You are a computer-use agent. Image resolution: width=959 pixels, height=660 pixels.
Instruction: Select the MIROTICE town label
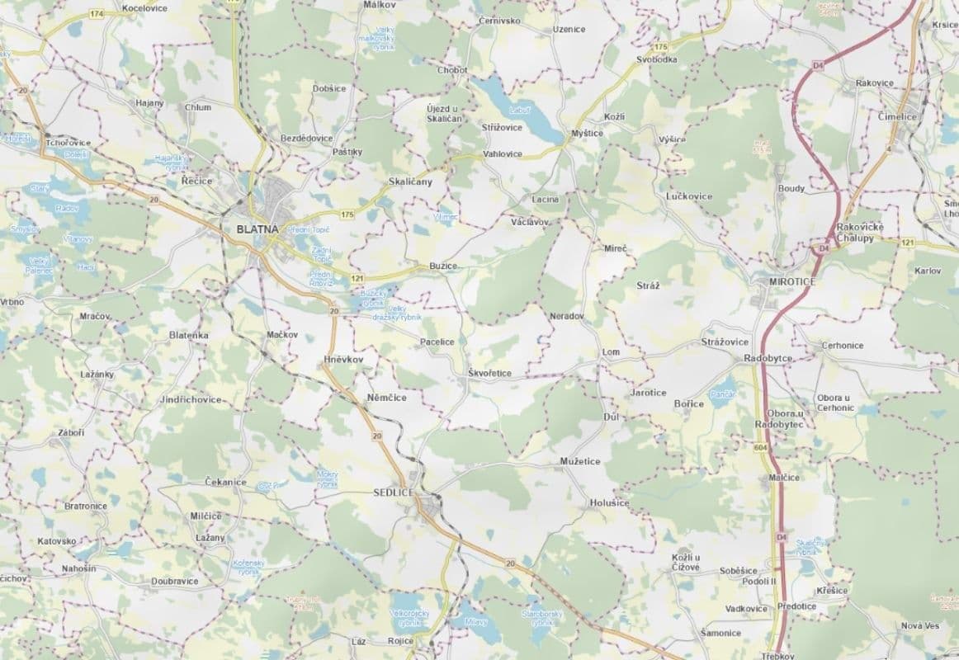coord(791,282)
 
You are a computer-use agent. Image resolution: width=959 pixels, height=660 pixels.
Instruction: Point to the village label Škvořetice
coord(489,374)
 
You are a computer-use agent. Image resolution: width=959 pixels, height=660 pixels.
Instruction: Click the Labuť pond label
coord(519,110)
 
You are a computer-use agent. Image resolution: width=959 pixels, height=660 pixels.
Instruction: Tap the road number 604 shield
coord(760,446)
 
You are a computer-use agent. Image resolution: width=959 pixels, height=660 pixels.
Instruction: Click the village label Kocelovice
coord(144,7)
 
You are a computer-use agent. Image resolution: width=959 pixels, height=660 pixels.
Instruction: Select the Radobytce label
coord(768,359)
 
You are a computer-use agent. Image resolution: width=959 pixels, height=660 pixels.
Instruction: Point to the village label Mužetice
coord(580,461)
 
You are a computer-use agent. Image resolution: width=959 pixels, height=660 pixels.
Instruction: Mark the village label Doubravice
coord(174,581)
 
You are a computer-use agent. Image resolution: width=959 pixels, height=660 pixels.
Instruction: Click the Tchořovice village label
coord(68,142)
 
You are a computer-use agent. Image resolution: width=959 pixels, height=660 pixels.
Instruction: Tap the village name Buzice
coord(442,266)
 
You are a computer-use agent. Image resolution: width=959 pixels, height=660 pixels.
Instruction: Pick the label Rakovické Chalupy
coord(860,232)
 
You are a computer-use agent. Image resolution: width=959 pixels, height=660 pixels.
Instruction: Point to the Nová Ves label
coord(920,626)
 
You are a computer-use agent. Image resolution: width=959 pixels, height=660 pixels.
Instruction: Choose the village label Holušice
coord(609,502)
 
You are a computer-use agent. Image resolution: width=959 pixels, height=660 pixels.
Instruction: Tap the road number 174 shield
coord(97,15)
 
